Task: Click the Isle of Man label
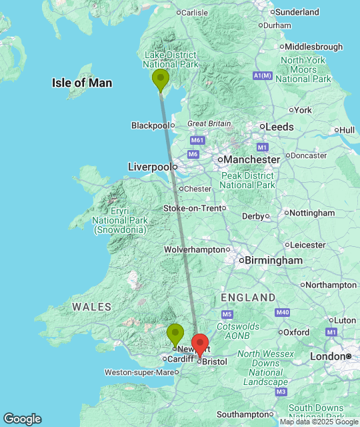pyautogui.click(x=82, y=83)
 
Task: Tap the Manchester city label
pyautogui.click(x=252, y=160)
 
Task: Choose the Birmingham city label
pyautogui.click(x=274, y=260)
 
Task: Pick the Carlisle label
pyautogui.click(x=195, y=12)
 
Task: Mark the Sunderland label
pyautogui.click(x=297, y=12)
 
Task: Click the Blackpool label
pyautogui.click(x=150, y=125)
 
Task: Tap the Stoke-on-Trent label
pyautogui.click(x=192, y=208)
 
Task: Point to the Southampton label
pyautogui.click(x=242, y=414)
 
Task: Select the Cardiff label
pyautogui.click(x=180, y=359)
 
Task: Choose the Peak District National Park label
pyautogui.click(x=247, y=179)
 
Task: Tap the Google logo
pyautogui.click(x=21, y=419)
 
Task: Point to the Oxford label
pyautogui.click(x=296, y=332)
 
